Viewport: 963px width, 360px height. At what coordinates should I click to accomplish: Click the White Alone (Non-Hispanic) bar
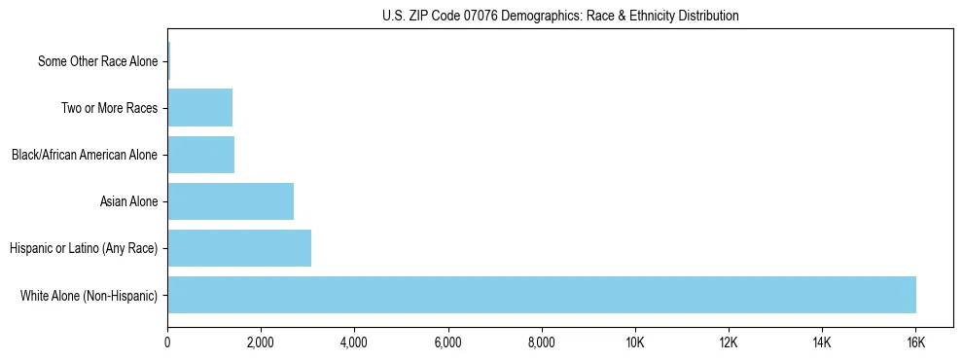click(x=542, y=295)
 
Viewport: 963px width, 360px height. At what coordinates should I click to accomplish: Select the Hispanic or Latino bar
click(x=239, y=248)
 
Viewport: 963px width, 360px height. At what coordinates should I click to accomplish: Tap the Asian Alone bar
click(x=231, y=201)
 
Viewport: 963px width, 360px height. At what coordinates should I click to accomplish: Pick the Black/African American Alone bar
click(x=201, y=155)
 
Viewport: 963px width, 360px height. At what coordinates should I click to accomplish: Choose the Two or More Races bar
click(x=200, y=108)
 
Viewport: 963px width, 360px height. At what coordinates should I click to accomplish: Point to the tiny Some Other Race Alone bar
click(x=168, y=61)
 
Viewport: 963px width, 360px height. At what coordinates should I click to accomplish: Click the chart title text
click(x=560, y=16)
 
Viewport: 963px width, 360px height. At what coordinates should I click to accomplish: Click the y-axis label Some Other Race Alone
click(x=97, y=61)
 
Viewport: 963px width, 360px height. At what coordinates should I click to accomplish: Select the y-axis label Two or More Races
click(x=109, y=108)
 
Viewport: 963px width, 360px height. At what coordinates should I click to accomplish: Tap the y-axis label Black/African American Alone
click(x=85, y=155)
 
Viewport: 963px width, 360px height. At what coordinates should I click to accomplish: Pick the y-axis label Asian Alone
click(x=128, y=201)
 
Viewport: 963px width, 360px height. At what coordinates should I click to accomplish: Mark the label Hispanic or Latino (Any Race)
click(x=84, y=248)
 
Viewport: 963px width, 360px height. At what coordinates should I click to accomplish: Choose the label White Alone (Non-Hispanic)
click(x=89, y=295)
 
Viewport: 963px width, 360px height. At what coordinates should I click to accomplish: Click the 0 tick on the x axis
click(x=167, y=342)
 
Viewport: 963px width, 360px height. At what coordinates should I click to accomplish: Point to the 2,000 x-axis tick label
click(x=261, y=342)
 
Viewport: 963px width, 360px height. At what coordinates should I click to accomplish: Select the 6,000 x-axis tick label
click(x=447, y=342)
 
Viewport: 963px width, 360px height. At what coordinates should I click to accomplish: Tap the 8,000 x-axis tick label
click(x=541, y=342)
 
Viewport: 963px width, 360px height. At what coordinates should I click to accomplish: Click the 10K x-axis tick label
click(x=635, y=342)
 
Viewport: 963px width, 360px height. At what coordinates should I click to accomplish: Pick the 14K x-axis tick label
click(x=822, y=342)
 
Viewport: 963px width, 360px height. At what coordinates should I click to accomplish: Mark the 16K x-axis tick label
click(x=915, y=342)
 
